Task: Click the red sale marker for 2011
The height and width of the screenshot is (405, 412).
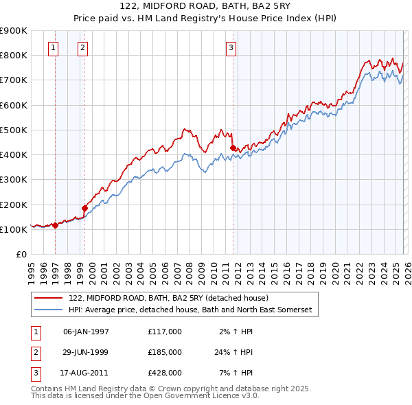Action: pyautogui.click(x=233, y=148)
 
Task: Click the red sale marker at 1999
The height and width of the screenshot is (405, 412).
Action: pyautogui.click(x=85, y=208)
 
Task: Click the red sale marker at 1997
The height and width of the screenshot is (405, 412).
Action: pyautogui.click(x=55, y=224)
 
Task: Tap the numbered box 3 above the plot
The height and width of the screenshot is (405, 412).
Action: pyautogui.click(x=231, y=48)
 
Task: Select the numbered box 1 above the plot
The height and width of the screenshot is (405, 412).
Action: pyautogui.click(x=54, y=48)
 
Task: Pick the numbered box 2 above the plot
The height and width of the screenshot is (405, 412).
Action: pyautogui.click(x=82, y=48)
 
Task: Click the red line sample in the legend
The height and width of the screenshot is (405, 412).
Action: pyautogui.click(x=48, y=298)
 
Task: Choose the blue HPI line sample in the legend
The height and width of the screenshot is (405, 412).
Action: pyautogui.click(x=48, y=310)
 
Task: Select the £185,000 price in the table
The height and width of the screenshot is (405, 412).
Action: pyautogui.click(x=165, y=352)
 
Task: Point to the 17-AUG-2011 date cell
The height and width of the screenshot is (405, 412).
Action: pyautogui.click(x=86, y=373)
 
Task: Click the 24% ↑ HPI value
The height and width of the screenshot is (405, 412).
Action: pyautogui.click(x=233, y=352)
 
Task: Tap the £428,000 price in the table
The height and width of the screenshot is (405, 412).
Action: pyautogui.click(x=165, y=373)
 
